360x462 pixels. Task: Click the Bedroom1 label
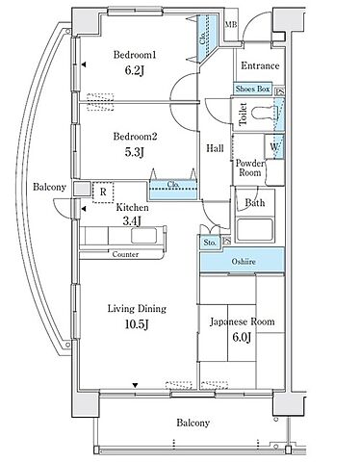click(135, 55)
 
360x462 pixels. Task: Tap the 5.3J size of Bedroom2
click(135, 152)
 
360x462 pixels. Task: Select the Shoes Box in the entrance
click(252, 89)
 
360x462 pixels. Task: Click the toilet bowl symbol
click(263, 113)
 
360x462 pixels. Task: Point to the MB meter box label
click(231, 24)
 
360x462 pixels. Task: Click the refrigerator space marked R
click(103, 192)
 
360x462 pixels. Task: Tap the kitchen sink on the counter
click(144, 236)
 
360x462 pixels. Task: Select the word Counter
click(125, 254)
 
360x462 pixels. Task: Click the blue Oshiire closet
click(243, 262)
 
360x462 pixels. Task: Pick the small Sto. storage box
click(210, 243)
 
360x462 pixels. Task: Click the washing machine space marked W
click(274, 146)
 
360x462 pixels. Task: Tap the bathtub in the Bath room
click(255, 230)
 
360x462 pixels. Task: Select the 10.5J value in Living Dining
click(137, 324)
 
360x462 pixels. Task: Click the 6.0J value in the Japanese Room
click(242, 337)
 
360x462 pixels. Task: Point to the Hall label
click(215, 148)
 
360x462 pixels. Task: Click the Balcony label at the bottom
click(193, 423)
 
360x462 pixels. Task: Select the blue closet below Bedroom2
click(172, 190)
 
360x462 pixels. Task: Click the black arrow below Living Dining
click(135, 385)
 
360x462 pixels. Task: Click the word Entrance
click(260, 65)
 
